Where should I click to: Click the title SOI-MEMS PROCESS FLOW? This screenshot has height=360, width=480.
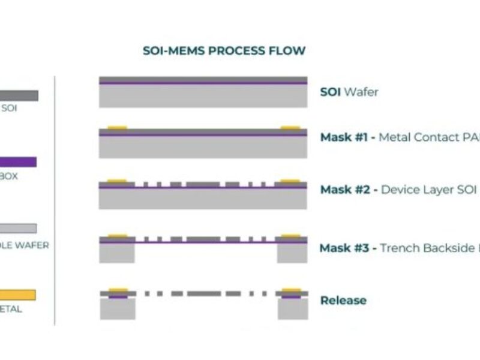224,50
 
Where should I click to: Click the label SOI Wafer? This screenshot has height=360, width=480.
349,92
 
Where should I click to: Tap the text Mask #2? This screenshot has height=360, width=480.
344,190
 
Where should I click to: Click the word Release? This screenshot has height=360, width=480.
343,300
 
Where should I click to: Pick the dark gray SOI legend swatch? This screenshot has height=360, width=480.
19,95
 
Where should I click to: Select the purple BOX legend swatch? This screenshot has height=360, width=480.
18,162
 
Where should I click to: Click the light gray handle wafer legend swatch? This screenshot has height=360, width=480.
18,228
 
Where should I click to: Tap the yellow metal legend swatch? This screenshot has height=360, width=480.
18,295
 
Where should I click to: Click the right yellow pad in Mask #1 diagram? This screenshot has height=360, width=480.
290,127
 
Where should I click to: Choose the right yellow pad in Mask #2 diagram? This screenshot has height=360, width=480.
290,180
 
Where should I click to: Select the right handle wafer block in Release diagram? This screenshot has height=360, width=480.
292,308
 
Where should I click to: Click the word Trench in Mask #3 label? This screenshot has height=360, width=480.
401,247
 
